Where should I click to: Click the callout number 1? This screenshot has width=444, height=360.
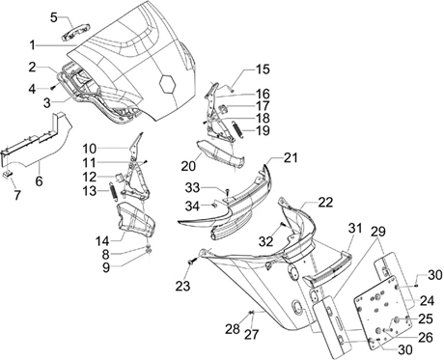pyautogui.click(x=32, y=45)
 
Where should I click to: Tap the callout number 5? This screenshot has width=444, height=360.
pyautogui.click(x=54, y=17)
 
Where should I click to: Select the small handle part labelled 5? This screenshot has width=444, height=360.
pyautogui.click(x=75, y=33)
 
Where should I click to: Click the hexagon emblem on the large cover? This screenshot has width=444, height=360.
pyautogui.click(x=168, y=84)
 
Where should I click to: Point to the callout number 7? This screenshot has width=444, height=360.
pyautogui.click(x=17, y=195)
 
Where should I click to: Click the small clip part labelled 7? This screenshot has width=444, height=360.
pyautogui.click(x=8, y=174)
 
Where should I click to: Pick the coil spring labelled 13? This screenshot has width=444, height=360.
pyautogui.click(x=113, y=192)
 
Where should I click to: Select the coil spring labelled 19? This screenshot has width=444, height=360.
pyautogui.click(x=236, y=129)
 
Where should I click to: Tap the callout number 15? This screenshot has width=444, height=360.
pyautogui.click(x=263, y=69)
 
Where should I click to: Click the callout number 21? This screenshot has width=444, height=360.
pyautogui.click(x=291, y=158)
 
